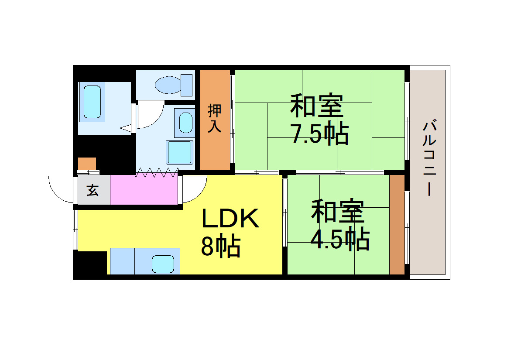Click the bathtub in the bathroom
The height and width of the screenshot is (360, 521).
click(x=92, y=102)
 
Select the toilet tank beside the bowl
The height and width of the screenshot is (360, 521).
click(x=187, y=85)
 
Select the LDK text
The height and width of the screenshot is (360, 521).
click(x=230, y=219)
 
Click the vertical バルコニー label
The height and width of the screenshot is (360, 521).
click(x=429, y=159)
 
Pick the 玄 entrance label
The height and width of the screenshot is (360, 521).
click(x=93, y=190)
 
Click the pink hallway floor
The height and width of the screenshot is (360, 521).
click(x=144, y=190)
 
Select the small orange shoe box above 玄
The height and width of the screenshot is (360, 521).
click(x=87, y=163)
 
